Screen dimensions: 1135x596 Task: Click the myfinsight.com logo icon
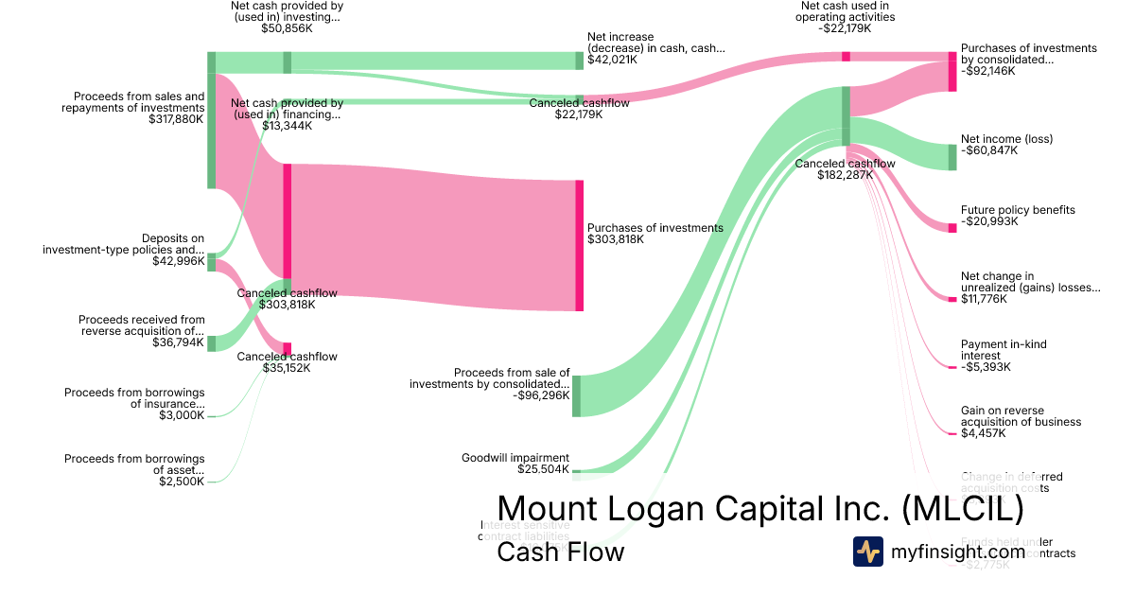point(868,551)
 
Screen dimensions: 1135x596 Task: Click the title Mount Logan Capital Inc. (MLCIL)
point(760,509)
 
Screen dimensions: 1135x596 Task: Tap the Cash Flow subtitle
point(560,552)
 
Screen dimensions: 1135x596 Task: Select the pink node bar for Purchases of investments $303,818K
point(579,245)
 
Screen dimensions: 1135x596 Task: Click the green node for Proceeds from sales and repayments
point(212,120)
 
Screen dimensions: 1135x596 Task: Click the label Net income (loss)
point(1006,139)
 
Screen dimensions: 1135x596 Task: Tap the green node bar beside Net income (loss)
point(952,157)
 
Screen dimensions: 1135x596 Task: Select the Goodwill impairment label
point(515,457)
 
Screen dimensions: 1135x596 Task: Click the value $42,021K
point(612,60)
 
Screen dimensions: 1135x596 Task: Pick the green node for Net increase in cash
point(580,61)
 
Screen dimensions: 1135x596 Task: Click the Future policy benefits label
point(1018,210)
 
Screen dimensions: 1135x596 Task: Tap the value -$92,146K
point(987,71)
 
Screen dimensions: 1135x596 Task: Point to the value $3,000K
point(182,415)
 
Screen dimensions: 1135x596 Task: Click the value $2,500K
point(182,482)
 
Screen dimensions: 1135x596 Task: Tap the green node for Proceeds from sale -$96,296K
point(576,395)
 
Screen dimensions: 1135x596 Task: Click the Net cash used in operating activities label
point(845,11)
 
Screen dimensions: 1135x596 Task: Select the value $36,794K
point(178,342)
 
